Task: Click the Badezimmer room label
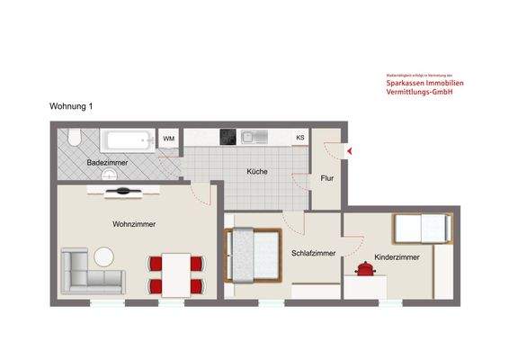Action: pyautogui.click(x=106, y=162)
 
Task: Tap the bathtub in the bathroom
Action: pyautogui.click(x=126, y=140)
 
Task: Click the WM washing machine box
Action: pyautogui.click(x=169, y=139)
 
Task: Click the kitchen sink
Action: pyautogui.click(x=252, y=138)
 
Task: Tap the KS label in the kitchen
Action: pyautogui.click(x=299, y=138)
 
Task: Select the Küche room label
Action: pyautogui.click(x=258, y=172)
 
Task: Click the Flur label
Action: pyautogui.click(x=327, y=178)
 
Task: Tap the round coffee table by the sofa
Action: pyautogui.click(x=104, y=256)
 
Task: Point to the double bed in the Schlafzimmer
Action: pyautogui.click(x=253, y=255)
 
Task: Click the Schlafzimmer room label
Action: pyautogui.click(x=314, y=254)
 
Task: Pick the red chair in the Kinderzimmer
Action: pyautogui.click(x=365, y=268)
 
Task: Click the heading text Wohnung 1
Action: pyautogui.click(x=71, y=106)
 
